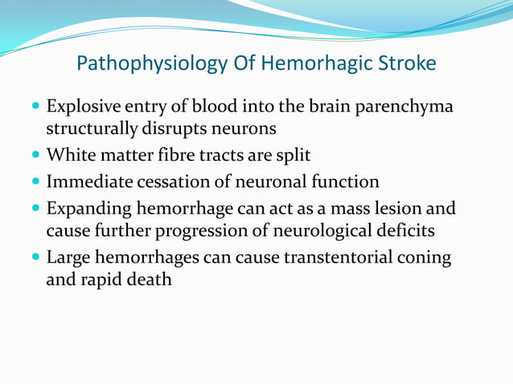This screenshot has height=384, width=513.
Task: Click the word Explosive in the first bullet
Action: coord(84,107)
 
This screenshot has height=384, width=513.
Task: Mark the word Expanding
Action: coord(88,209)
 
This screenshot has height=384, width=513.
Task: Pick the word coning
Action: coord(424,259)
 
